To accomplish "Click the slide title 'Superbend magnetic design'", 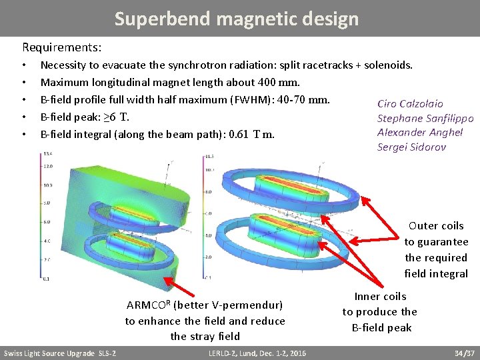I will (236, 19).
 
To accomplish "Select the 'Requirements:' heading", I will (62, 47).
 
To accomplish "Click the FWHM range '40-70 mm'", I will (307, 100).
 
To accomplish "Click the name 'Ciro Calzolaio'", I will (410, 104).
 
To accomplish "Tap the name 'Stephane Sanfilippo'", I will (425, 118).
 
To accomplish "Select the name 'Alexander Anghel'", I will (419, 132).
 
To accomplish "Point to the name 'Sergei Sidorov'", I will (411, 147).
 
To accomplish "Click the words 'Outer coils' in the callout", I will (436, 226).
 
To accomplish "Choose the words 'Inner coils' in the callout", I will (380, 297).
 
